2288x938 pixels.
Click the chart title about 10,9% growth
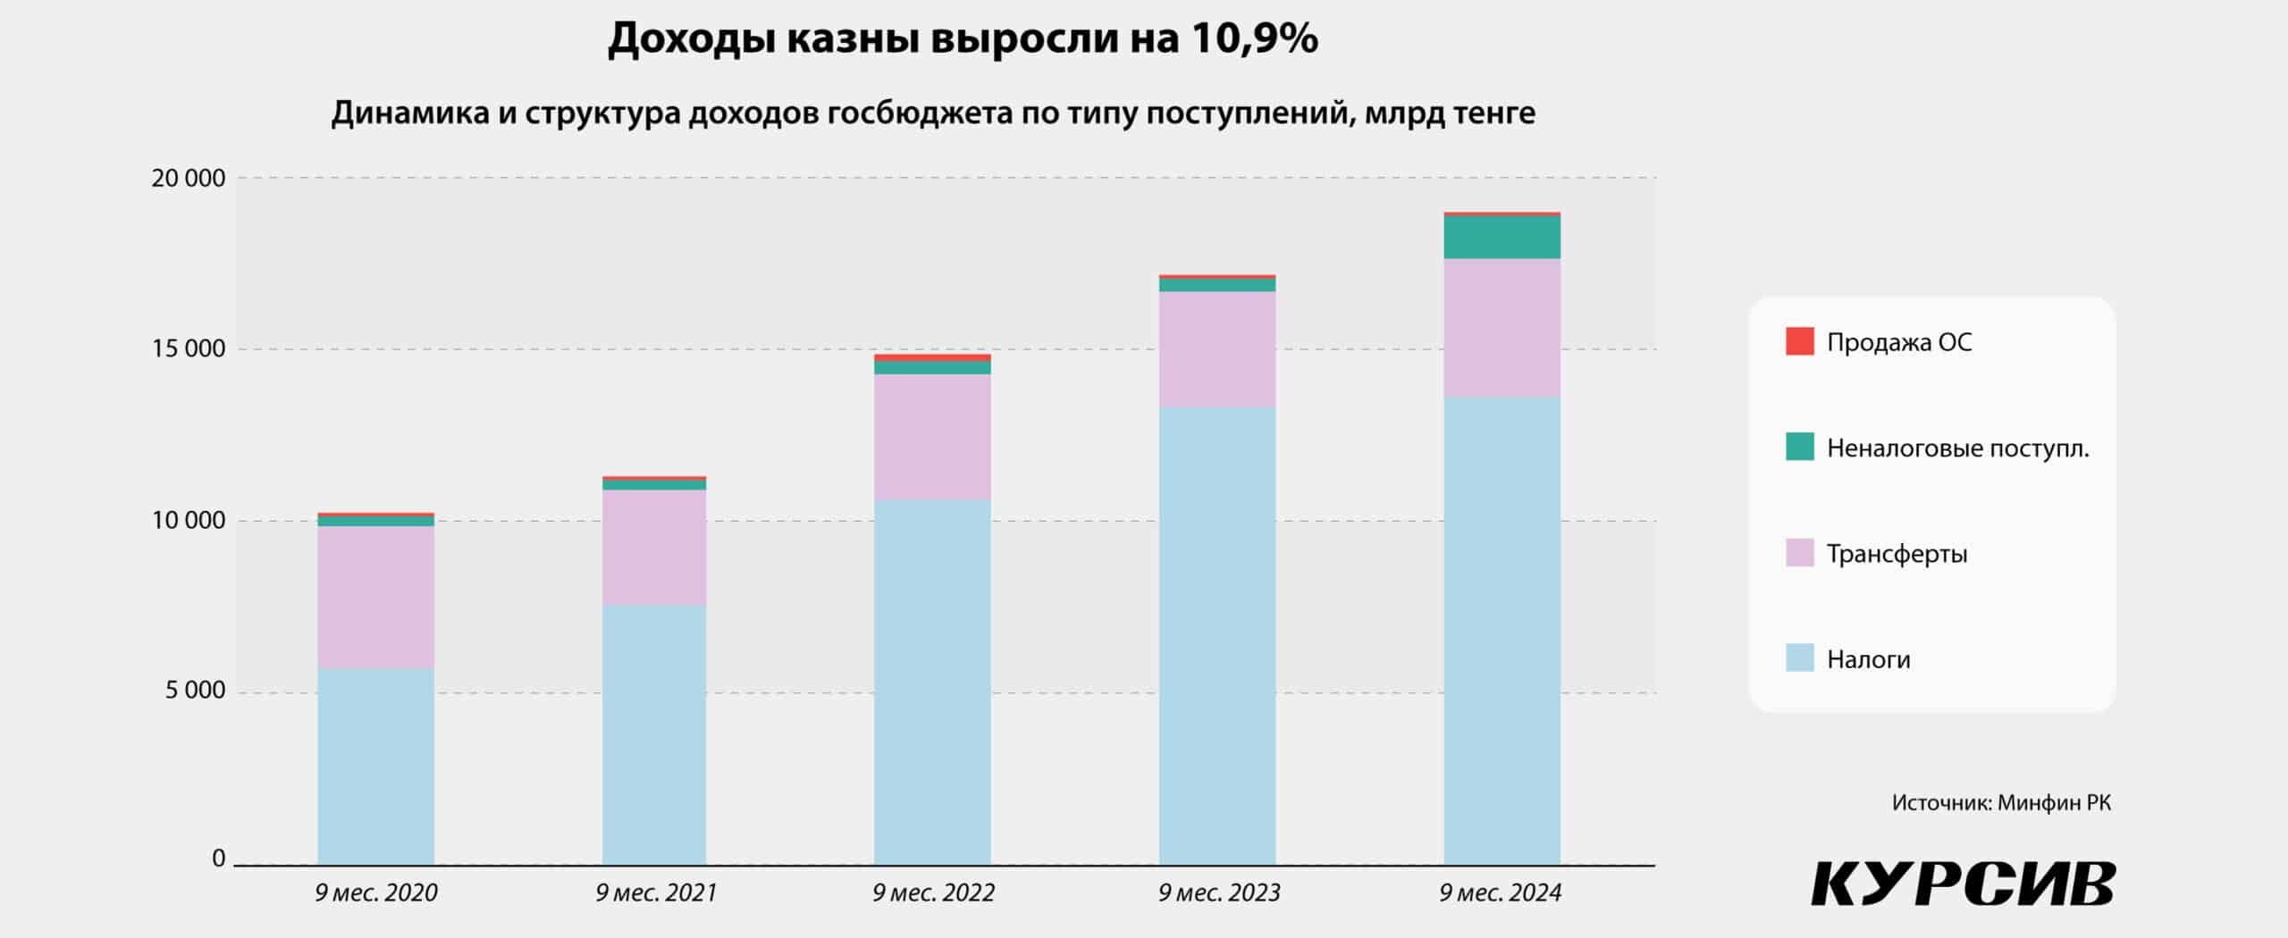point(963,39)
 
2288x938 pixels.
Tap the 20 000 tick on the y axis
point(188,179)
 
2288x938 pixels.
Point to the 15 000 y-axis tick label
point(188,348)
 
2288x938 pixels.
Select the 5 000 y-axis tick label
point(195,691)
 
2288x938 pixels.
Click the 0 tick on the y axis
point(218,858)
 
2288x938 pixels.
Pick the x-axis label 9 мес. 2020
point(376,892)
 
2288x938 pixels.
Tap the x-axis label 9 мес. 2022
point(933,892)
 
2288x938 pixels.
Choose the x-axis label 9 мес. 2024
point(1501,892)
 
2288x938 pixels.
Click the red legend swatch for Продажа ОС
point(1799,341)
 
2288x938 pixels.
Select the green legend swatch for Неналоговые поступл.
point(1799,447)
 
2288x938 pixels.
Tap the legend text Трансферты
point(1897,554)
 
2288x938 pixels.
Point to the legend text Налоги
point(1868,659)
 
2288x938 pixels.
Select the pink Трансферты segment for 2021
point(653,547)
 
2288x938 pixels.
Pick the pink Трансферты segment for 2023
point(1217,349)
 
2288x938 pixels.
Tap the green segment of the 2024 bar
point(1501,238)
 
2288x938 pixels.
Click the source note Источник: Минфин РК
point(2001,803)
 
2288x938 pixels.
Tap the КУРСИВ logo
point(1963,884)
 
